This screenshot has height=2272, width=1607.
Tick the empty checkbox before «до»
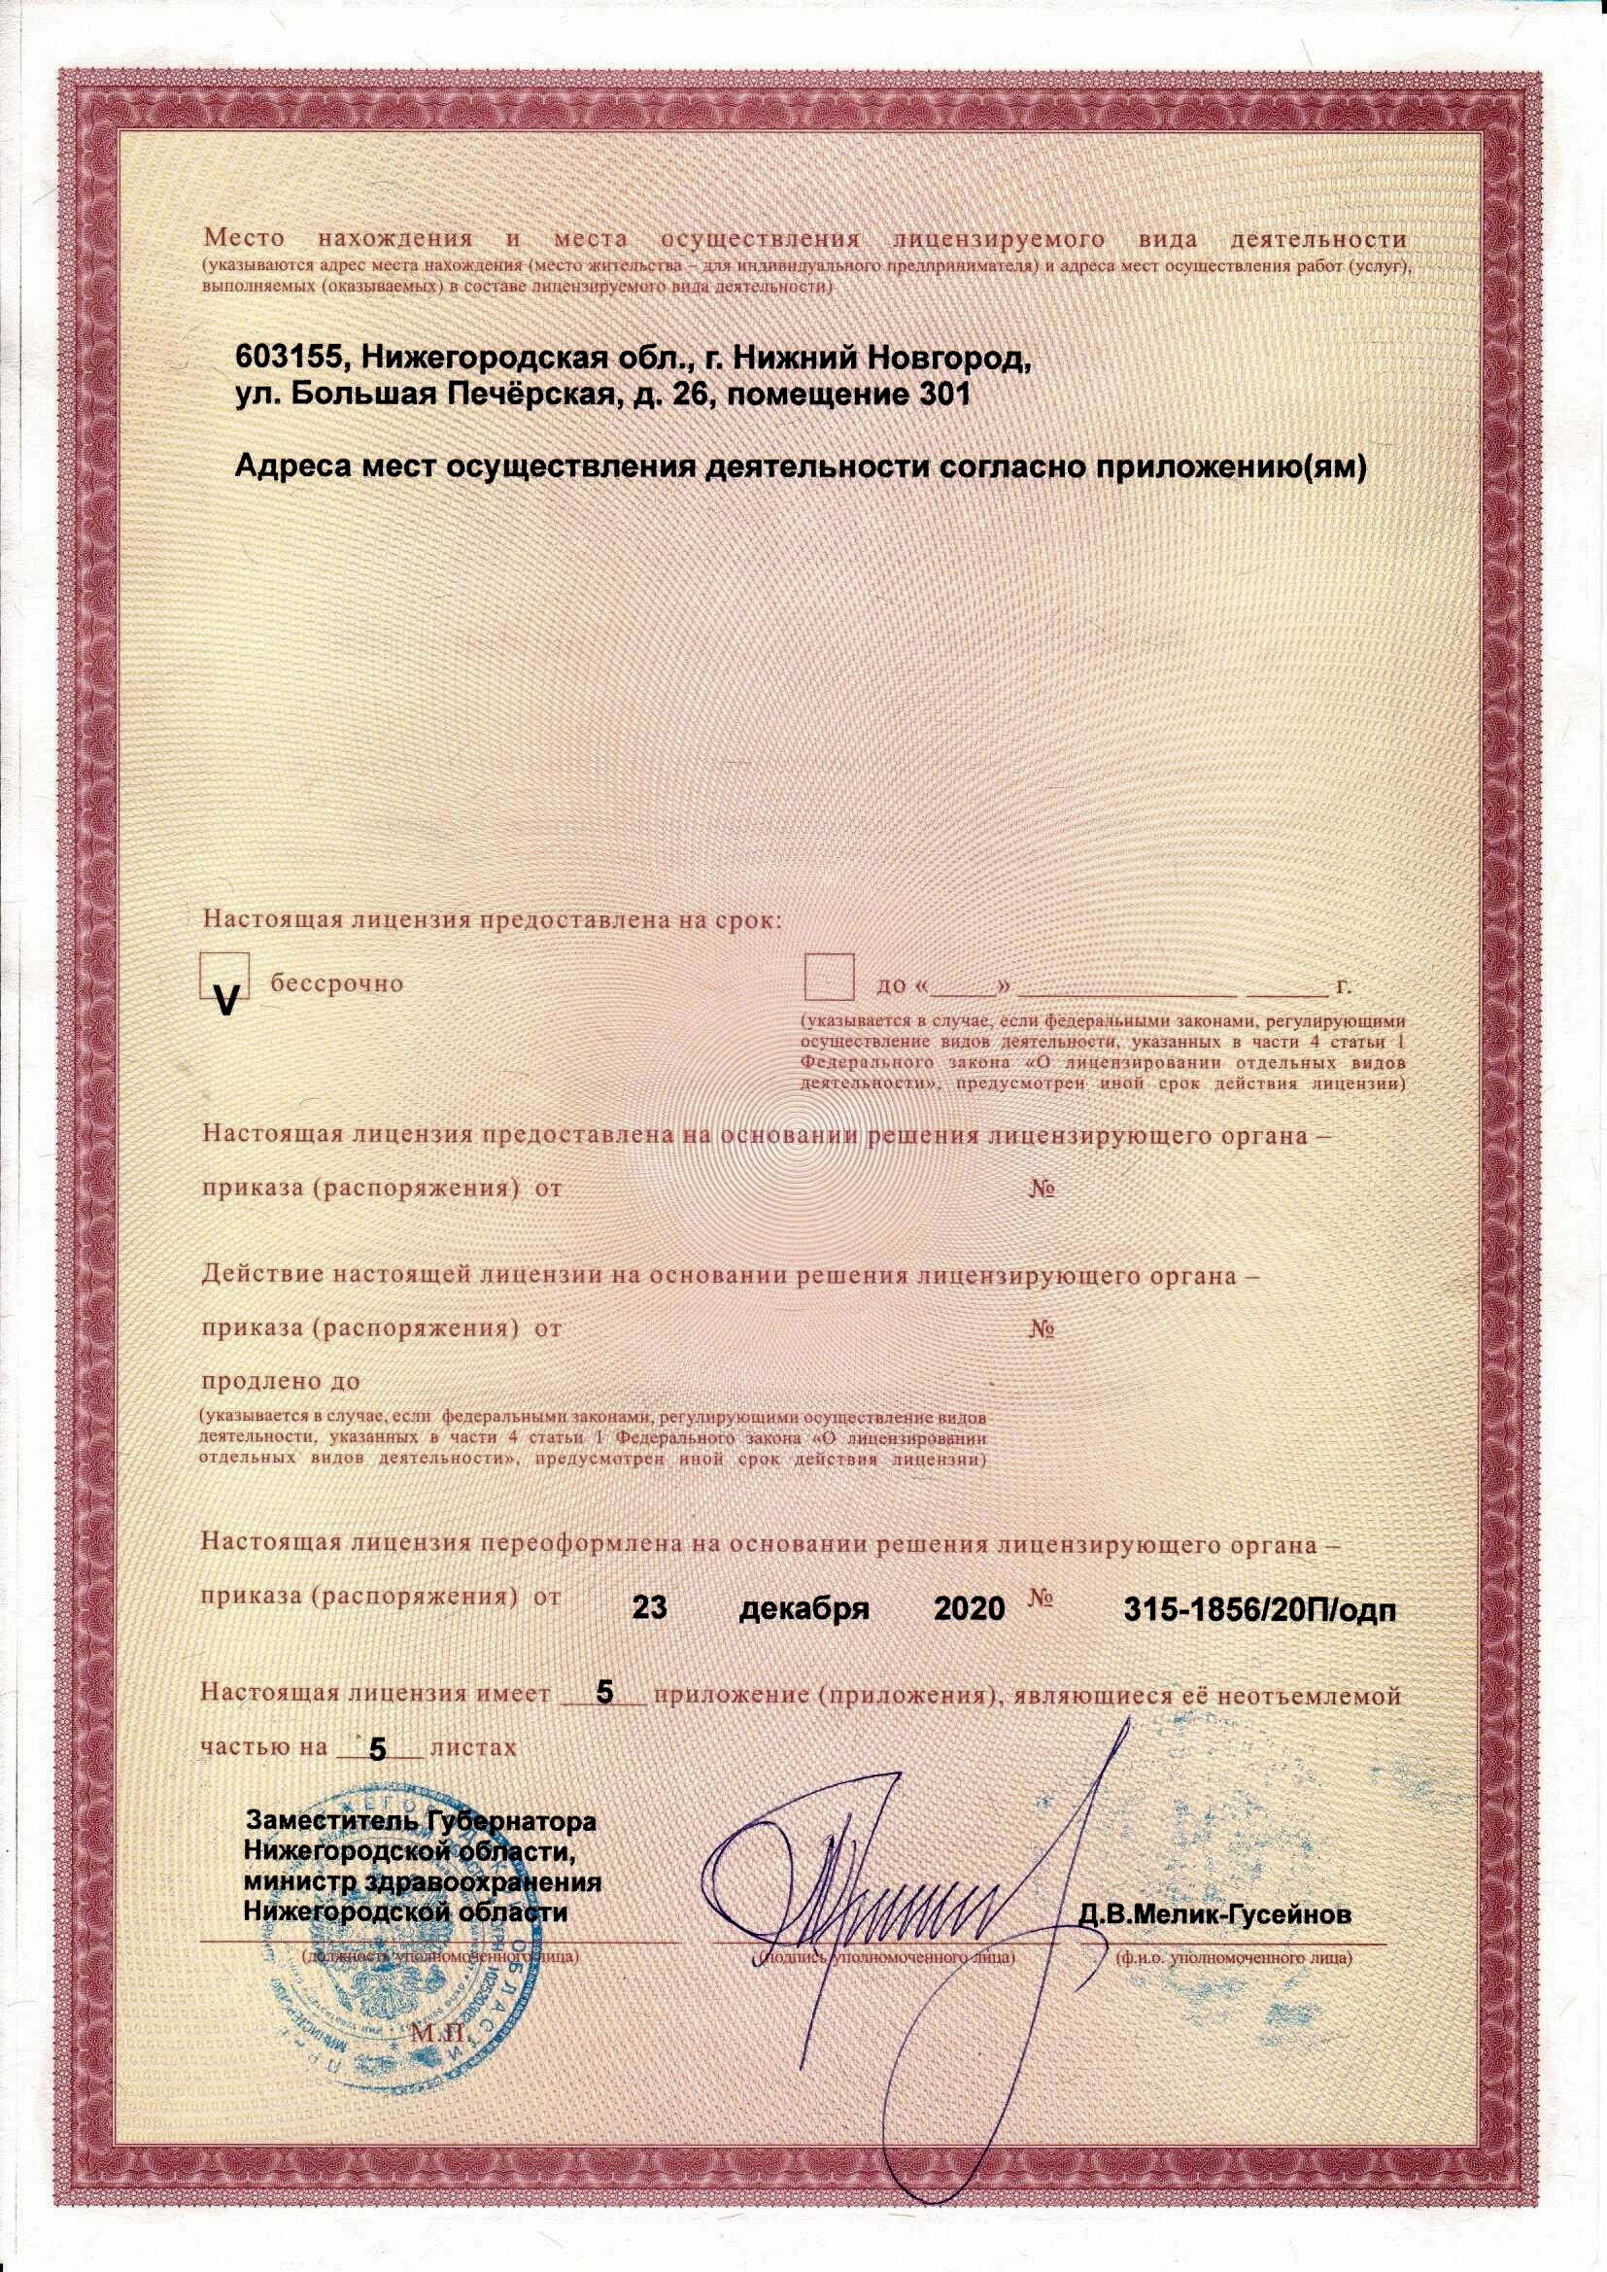(828, 978)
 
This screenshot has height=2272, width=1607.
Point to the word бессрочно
(337, 984)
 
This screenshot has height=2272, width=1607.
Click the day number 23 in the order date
(650, 1608)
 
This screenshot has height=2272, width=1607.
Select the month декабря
(804, 1608)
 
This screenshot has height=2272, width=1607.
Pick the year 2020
(970, 1608)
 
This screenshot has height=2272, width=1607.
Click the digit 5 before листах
(377, 1749)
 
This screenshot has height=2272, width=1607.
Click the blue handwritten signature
(891, 1880)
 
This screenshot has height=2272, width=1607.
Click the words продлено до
(281, 1381)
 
